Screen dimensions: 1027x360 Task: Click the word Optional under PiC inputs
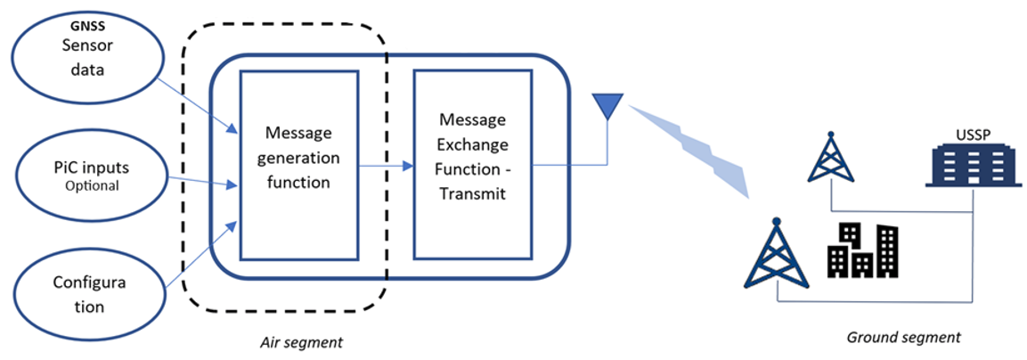point(92,185)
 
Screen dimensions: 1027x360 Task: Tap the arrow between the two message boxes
point(386,165)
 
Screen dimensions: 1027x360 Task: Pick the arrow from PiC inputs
point(203,183)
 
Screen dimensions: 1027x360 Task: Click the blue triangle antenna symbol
point(607,106)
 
